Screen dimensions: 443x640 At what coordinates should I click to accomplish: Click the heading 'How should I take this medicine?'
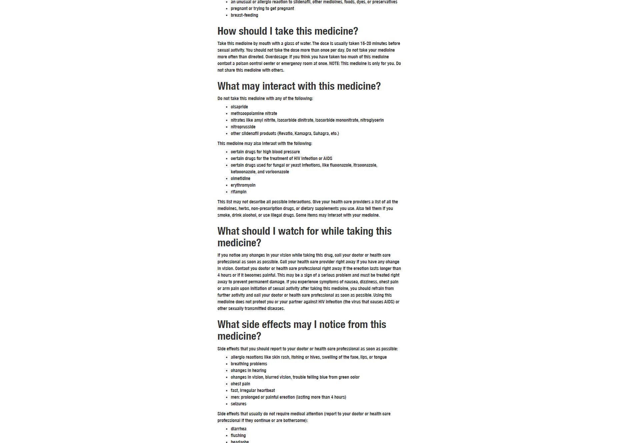click(287, 31)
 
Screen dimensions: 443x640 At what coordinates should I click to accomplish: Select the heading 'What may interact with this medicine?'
click(299, 86)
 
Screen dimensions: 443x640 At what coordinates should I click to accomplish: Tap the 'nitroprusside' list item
click(243, 127)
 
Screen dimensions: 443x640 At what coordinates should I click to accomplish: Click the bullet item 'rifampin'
click(238, 192)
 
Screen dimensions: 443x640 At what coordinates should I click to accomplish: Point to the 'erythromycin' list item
click(243, 185)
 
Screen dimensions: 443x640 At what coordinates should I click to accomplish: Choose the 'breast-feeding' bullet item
click(244, 15)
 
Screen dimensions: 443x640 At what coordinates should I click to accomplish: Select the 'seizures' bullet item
click(238, 404)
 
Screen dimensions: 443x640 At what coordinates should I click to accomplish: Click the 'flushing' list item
click(238, 436)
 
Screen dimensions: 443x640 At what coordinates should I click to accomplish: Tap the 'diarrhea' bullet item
click(238, 429)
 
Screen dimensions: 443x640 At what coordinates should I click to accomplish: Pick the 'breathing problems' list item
click(249, 364)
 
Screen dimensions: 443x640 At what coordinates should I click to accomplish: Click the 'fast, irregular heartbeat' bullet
click(253, 391)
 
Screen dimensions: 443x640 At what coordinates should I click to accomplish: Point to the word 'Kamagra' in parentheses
click(303, 134)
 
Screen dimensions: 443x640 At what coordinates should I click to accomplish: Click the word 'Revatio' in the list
click(285, 134)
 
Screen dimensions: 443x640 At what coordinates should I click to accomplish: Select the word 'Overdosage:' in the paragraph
click(276, 57)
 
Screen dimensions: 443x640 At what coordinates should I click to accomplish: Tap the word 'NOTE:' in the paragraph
click(334, 64)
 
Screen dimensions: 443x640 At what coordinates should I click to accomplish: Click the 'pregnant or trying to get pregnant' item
click(262, 9)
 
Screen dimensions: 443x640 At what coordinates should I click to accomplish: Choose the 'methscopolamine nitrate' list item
click(254, 114)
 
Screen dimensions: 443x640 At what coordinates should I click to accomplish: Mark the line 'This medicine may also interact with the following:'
click(265, 144)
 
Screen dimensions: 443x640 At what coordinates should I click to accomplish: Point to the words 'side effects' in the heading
click(266, 325)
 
